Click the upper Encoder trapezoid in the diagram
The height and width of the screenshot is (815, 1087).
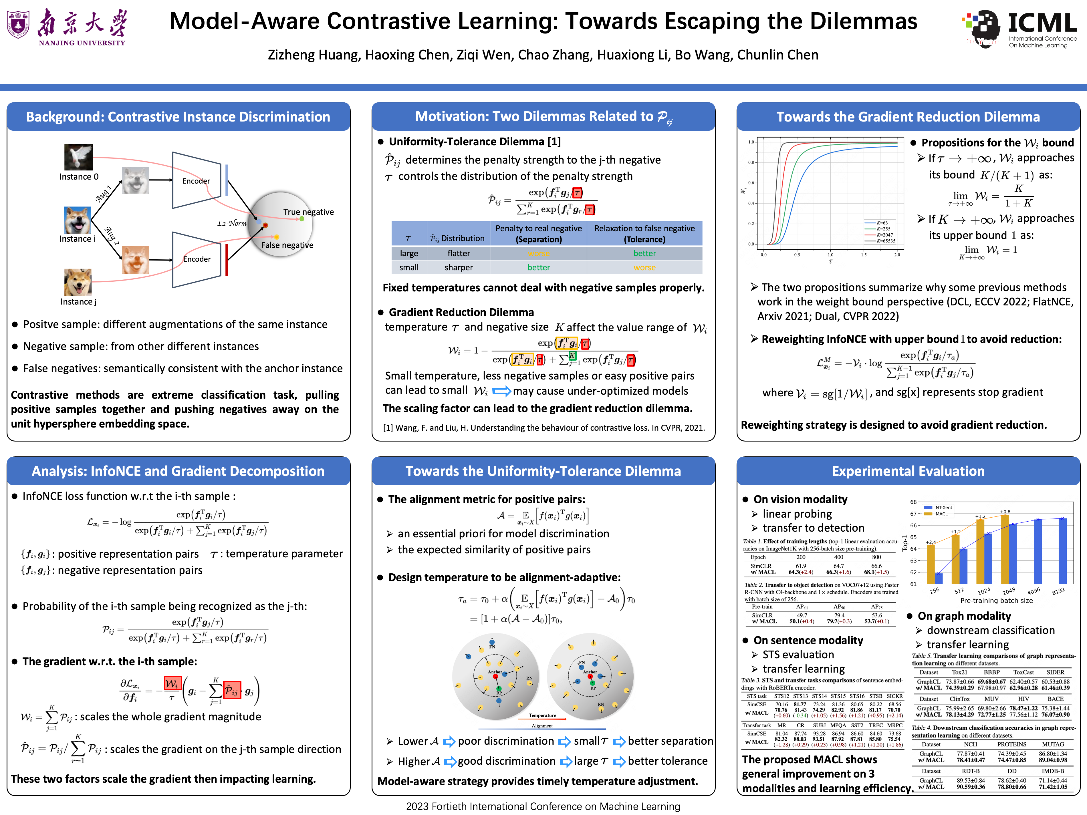coord(197,180)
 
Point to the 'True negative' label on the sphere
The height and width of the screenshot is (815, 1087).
coord(308,212)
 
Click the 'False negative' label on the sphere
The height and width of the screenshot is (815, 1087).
coord(287,245)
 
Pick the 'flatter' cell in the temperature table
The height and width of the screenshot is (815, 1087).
coord(459,253)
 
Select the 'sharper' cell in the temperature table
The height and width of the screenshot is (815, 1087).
coord(459,268)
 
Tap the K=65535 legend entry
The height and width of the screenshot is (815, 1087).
coord(886,241)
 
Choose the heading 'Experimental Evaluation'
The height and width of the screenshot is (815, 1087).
coord(908,471)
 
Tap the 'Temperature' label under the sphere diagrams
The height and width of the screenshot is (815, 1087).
coord(543,715)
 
